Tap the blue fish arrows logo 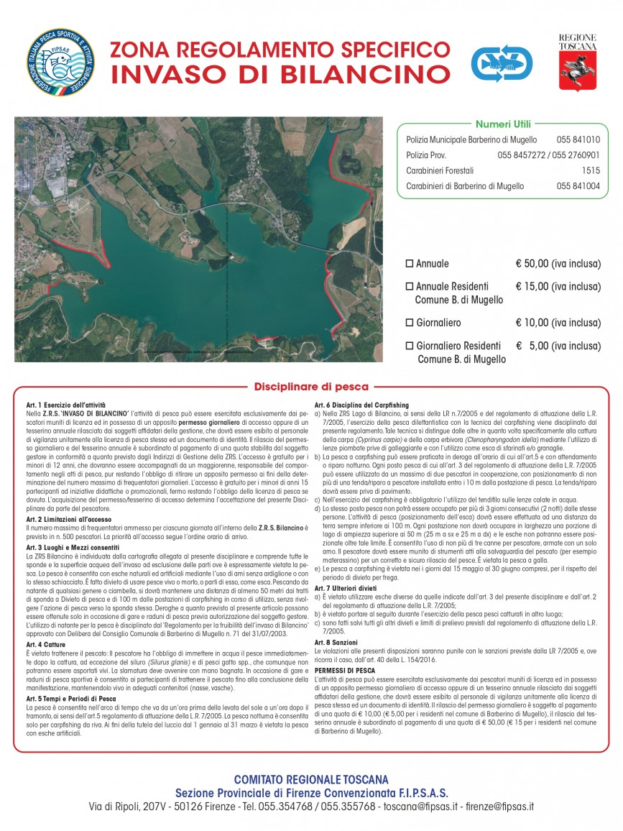click(501, 63)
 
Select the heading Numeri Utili click(503, 124)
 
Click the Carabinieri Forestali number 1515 click(591, 170)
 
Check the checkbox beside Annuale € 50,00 click(410, 264)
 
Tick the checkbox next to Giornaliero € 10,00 click(410, 323)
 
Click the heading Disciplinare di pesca click(310, 386)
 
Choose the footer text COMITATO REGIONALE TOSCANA click(310, 779)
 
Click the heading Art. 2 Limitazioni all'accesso click(70, 518)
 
